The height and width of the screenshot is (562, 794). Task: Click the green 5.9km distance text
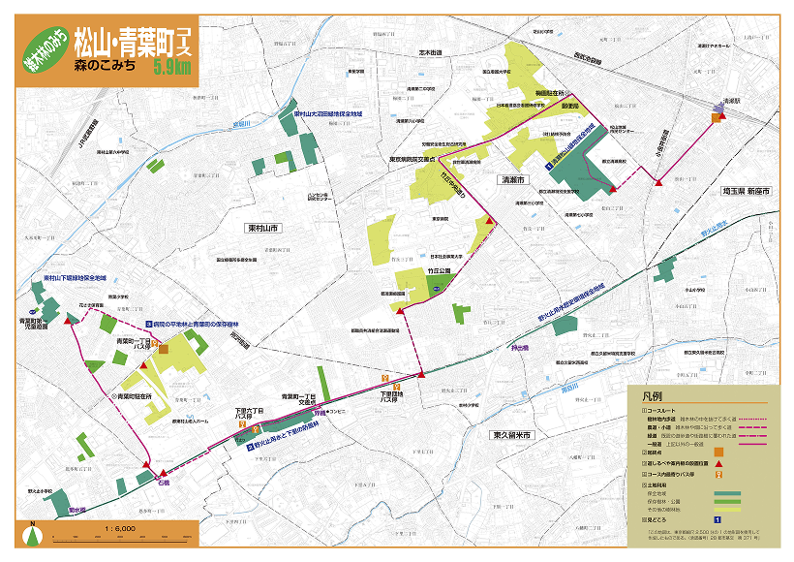click(x=171, y=67)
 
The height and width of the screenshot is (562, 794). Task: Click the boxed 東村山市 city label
click(x=261, y=227)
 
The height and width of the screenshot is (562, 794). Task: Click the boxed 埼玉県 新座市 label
click(x=745, y=193)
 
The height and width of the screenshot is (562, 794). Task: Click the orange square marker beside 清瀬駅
click(x=717, y=118)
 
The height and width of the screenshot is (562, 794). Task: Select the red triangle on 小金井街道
click(x=658, y=181)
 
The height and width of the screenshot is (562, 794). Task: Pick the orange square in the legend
click(x=718, y=451)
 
